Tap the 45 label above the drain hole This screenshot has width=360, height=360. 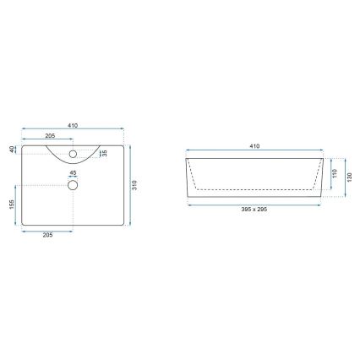73,174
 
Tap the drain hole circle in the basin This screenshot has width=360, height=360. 73,184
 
